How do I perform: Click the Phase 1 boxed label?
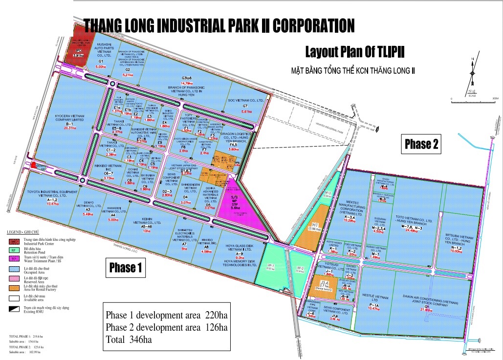pos(125,267)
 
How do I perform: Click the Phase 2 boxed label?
pos(421,144)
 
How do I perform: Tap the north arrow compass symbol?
pos(473,73)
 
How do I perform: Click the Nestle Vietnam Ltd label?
pos(374,298)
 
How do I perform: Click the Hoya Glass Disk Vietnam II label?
pos(240,248)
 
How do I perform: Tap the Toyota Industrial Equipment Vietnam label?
pos(52,194)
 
